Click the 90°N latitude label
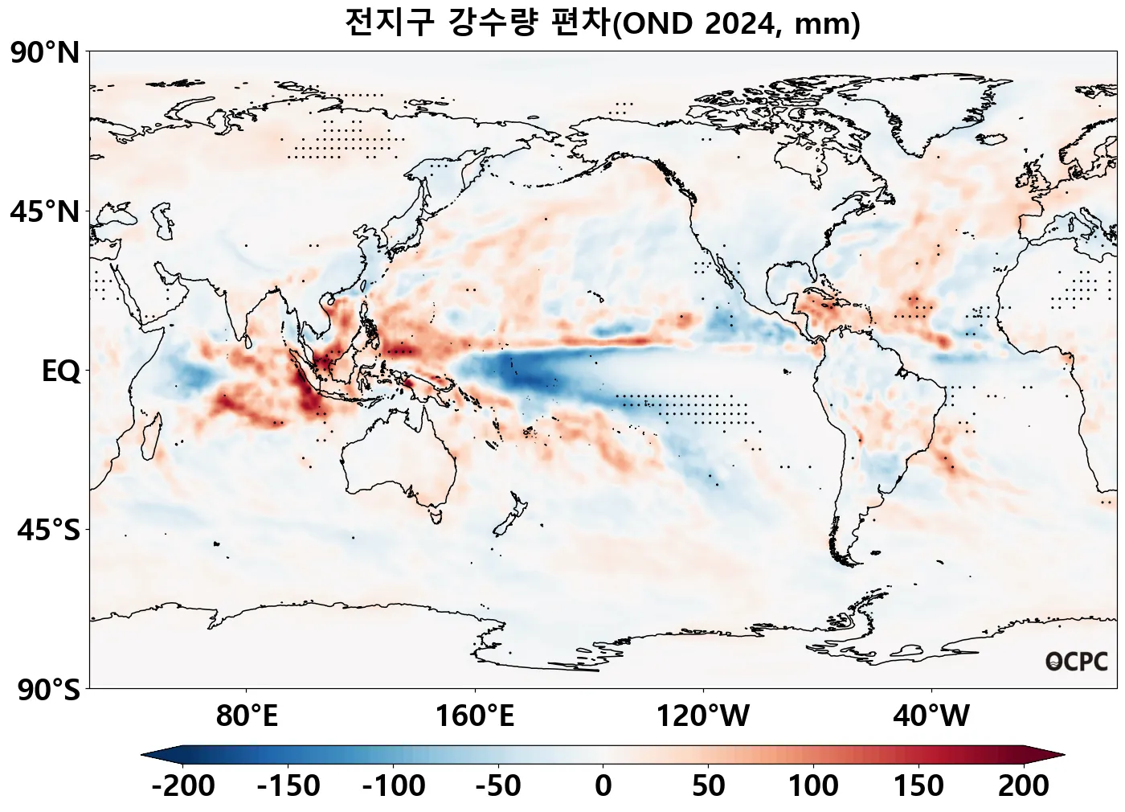[45, 53]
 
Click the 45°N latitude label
[45, 212]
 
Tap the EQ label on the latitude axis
[61, 371]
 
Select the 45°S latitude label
[48, 531]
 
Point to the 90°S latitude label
[48, 690]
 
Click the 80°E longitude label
[247, 715]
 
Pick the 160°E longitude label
[474, 715]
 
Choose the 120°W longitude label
[703, 715]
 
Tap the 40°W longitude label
[931, 715]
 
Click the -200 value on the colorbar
[182, 785]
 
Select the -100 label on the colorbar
[393, 785]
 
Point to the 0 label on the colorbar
[603, 785]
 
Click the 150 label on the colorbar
[918, 785]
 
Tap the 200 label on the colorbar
[1023, 785]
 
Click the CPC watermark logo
[1077, 662]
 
